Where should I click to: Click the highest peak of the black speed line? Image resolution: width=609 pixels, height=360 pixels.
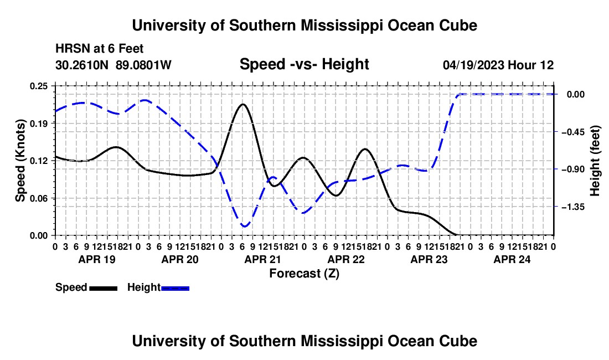[243, 104]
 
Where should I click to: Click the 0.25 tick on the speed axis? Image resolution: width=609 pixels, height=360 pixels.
[38, 86]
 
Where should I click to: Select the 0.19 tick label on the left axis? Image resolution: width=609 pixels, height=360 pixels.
[38, 124]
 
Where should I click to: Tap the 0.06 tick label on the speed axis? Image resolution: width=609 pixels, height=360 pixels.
[38, 198]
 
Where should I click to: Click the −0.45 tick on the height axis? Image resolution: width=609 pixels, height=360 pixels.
[573, 132]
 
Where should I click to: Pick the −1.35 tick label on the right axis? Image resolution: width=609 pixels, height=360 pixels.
[573, 207]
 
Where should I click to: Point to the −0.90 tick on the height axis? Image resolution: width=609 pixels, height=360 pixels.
[573, 169]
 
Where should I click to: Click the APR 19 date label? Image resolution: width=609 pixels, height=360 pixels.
[97, 259]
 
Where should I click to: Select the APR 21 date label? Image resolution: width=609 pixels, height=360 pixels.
[262, 259]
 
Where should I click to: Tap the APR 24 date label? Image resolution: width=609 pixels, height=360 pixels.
[512, 259]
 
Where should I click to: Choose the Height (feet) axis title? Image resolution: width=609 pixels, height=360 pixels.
[595, 161]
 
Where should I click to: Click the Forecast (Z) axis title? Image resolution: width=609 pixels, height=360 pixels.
[304, 274]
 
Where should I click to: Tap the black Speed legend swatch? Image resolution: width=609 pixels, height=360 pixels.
[104, 288]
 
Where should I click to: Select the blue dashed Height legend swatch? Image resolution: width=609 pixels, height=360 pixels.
[175, 288]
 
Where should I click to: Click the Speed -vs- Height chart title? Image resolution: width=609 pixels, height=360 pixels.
[304, 64]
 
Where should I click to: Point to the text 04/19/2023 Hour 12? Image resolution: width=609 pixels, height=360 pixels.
[498, 65]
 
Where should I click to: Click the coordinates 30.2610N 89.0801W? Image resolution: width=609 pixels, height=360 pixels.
[113, 65]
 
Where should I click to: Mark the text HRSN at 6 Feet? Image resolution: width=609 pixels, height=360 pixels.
[100, 49]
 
